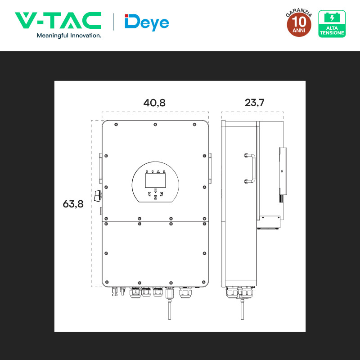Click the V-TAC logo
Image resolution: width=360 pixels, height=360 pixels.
(x=58, y=20)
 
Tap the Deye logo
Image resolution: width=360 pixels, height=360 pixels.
(x=147, y=22)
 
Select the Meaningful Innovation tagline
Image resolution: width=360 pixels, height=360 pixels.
(x=69, y=36)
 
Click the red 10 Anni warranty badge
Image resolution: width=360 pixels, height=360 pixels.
(x=299, y=24)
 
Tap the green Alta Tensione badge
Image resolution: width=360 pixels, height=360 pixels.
(x=332, y=24)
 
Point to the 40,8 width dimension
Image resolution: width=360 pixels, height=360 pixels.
(x=154, y=103)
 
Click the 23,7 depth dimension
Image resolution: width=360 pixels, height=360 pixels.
(x=254, y=103)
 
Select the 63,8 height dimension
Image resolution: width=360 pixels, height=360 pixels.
(x=73, y=204)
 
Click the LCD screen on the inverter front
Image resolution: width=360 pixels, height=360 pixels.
(x=155, y=181)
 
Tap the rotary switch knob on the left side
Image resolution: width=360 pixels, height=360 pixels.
(x=98, y=196)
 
